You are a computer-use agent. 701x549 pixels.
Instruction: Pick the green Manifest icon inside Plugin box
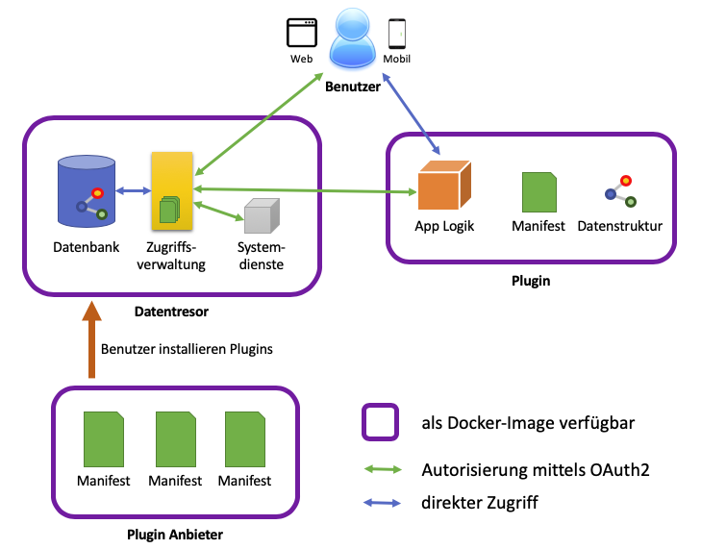click(538, 192)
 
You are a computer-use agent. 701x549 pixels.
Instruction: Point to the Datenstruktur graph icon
click(619, 190)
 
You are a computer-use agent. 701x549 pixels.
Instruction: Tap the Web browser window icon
click(302, 34)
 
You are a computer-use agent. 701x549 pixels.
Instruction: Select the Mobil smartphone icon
click(396, 34)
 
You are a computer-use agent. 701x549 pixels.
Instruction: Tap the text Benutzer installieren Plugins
click(187, 349)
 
